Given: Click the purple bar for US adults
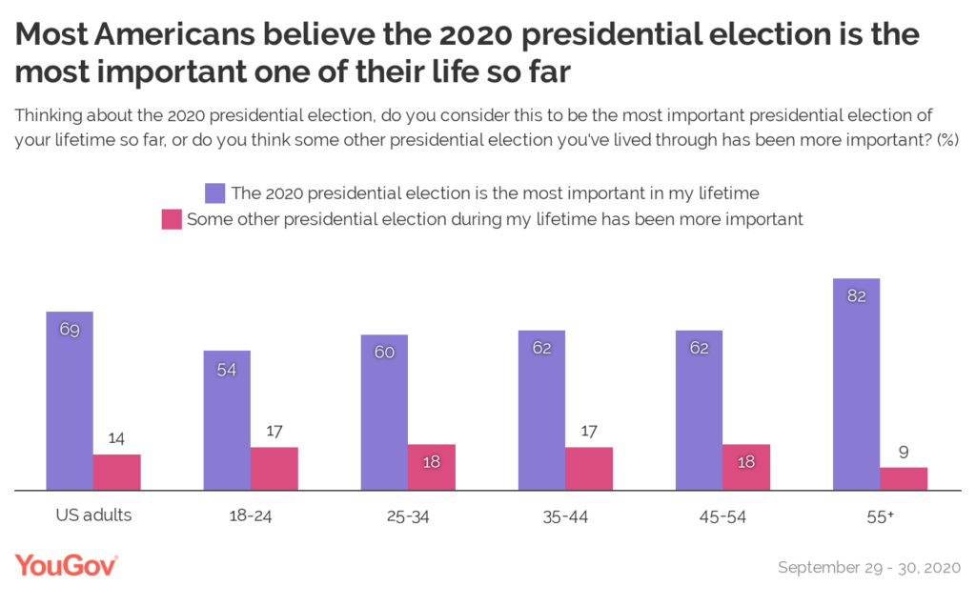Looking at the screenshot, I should coord(70,400).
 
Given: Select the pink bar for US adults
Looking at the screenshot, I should coord(116,472).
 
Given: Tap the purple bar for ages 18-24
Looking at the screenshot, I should coord(227,419).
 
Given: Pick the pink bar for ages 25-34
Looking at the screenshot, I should coord(432,467).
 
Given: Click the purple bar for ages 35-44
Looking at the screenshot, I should coord(542,410).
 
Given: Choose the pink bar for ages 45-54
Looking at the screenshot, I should coord(746,467).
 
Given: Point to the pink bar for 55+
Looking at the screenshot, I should coord(904,478).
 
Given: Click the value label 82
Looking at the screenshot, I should coord(856,296).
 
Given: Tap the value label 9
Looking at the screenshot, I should coord(904,452).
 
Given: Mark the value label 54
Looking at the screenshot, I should coord(227,369).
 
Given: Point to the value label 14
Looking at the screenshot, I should coord(116,439).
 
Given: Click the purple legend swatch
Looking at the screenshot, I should coord(215,193).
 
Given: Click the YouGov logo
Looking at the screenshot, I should coord(67,566).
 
